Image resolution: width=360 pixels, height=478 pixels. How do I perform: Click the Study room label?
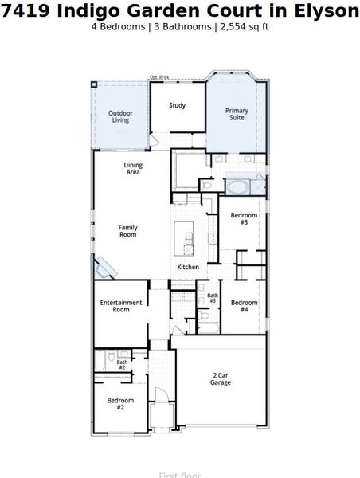177,105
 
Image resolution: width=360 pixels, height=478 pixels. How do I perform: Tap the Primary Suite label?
237,114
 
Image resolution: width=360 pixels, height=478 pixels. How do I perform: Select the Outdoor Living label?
119,117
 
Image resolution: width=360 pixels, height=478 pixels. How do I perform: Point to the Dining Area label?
133,168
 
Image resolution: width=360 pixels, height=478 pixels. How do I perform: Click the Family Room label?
127,231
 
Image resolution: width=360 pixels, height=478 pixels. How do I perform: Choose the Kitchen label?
188,267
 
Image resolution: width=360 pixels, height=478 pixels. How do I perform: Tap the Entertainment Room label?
121,306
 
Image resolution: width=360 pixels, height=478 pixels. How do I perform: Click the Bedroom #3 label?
244,219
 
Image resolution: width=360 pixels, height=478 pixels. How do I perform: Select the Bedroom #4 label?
244,306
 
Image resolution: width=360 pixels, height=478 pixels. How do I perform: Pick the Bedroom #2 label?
120,403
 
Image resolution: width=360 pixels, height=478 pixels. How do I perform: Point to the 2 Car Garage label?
221,378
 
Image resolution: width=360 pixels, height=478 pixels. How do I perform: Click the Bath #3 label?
213,298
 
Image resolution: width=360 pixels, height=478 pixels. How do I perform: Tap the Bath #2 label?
122,365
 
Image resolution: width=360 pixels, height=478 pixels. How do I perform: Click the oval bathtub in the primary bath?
238,189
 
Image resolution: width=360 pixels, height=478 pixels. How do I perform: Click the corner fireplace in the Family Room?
105,268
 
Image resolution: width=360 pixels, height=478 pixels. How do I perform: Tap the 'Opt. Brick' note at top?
159,77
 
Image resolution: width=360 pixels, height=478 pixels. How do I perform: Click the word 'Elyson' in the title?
327,11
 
